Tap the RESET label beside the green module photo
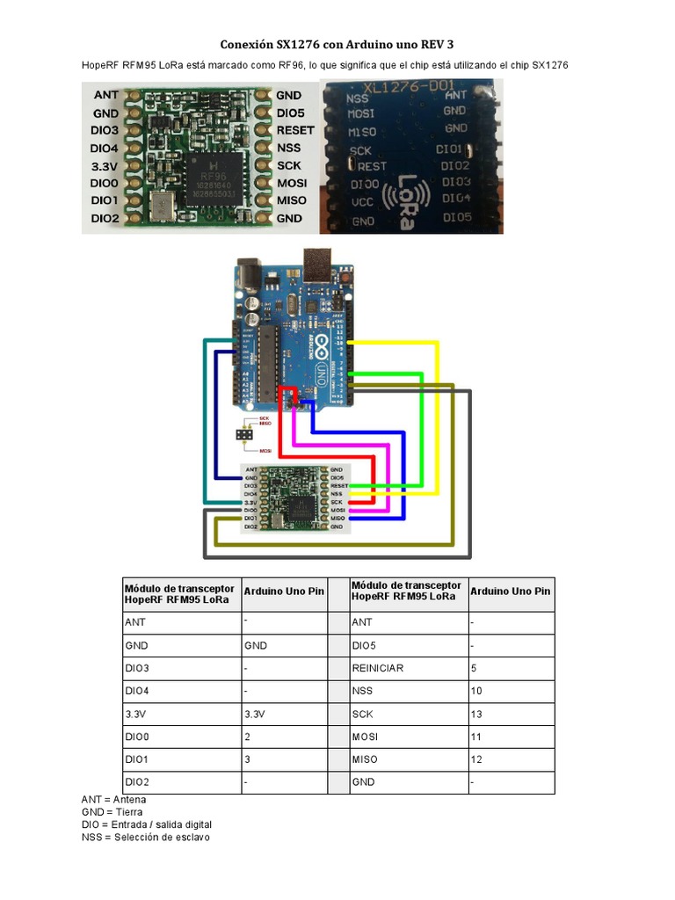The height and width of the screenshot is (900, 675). click(294, 130)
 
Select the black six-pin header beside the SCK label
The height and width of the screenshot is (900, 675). click(243, 434)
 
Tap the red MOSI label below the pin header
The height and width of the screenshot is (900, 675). click(265, 450)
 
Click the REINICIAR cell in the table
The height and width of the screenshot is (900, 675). click(379, 668)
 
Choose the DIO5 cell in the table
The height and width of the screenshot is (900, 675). click(365, 645)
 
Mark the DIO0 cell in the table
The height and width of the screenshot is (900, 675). click(140, 737)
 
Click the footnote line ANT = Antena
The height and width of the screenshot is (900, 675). click(113, 800)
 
